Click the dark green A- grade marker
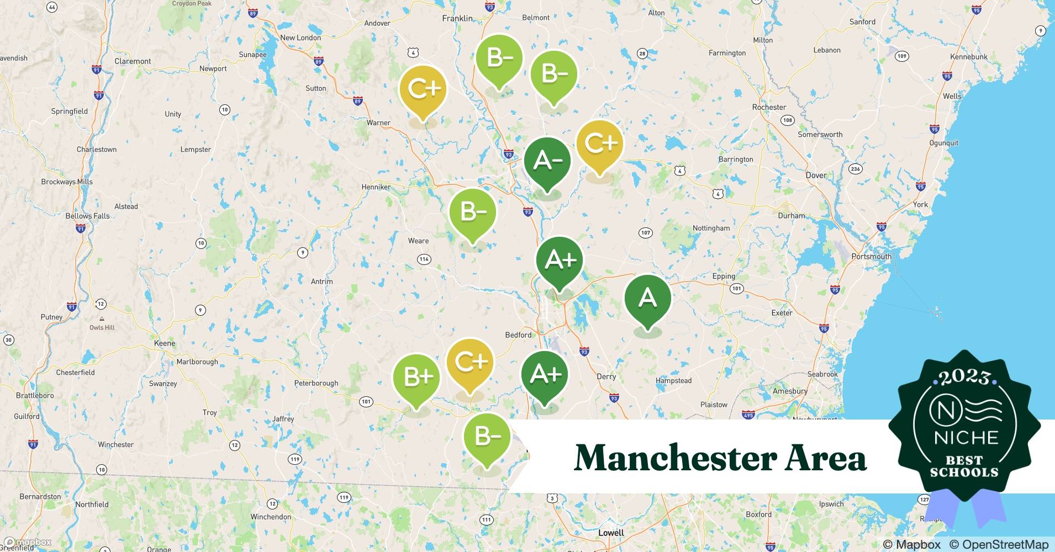[547, 161]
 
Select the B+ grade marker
[416, 378]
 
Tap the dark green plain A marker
[647, 299]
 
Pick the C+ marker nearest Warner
[423, 89]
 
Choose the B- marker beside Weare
[472, 212]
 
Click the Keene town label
[165, 343]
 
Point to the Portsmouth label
[871, 256]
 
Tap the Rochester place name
[769, 107]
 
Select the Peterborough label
[316, 383]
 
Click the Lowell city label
[611, 533]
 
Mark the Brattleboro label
[35, 395]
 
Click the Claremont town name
[133, 61]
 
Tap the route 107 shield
[645, 232]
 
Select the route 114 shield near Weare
[424, 259]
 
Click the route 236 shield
[855, 169]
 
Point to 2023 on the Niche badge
[964, 377]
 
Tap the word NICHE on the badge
[966, 438]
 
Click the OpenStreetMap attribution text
[998, 544]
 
